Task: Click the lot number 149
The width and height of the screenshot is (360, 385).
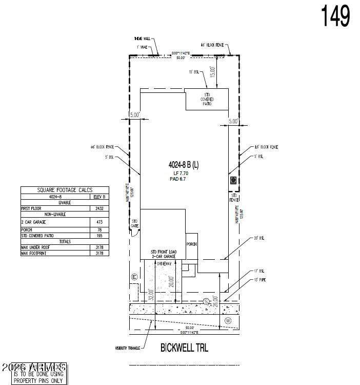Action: (336, 16)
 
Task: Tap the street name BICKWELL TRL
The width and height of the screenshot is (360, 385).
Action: (184, 348)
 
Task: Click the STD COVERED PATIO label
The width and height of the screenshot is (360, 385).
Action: (208, 99)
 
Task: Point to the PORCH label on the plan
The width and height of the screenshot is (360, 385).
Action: (191, 244)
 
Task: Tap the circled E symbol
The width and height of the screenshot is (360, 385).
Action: (134, 277)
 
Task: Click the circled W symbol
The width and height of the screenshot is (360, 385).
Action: (228, 321)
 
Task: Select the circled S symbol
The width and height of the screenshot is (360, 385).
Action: (206, 301)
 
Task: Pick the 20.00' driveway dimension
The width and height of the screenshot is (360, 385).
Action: (172, 281)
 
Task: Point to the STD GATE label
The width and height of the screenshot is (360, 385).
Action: (135, 223)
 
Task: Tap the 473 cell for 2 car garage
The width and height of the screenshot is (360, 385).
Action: (100, 222)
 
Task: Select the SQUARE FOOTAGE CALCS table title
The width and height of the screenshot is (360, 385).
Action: (64, 190)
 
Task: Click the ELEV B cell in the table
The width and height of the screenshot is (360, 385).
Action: (100, 196)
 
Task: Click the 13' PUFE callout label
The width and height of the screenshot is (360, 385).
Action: (259, 280)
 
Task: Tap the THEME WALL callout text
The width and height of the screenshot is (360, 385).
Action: (142, 38)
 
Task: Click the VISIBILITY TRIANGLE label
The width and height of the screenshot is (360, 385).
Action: (128, 349)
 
